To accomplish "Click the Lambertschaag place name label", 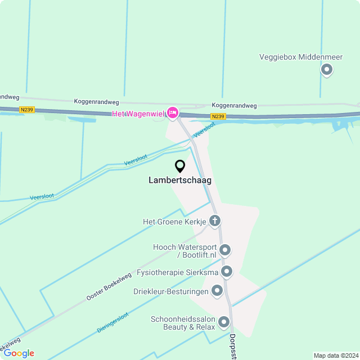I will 180,181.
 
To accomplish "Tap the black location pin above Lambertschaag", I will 180,166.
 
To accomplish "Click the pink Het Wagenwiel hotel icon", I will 173,113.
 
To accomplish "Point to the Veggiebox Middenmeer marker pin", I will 326,70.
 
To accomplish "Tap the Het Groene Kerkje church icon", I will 214,221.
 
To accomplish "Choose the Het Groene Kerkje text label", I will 174,222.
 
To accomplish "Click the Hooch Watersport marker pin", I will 225,250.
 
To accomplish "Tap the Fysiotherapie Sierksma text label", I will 177,272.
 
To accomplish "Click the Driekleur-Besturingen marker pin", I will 217,291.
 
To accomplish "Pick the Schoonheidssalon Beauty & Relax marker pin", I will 224,322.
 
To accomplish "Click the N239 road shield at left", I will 26,110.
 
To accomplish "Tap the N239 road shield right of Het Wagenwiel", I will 218,116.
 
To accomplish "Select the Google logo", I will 19,353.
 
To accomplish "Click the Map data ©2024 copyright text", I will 335,355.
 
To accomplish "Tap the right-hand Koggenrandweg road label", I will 234,105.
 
